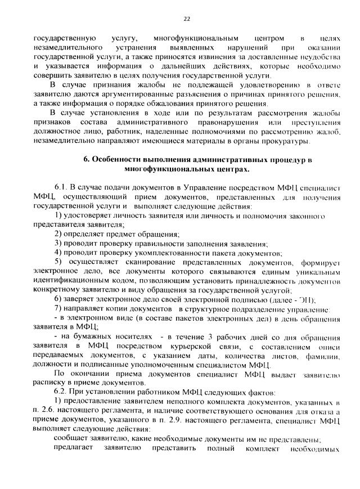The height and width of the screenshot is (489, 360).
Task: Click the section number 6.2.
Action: (x=60, y=392)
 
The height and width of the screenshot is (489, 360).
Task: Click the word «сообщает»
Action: (x=71, y=438)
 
